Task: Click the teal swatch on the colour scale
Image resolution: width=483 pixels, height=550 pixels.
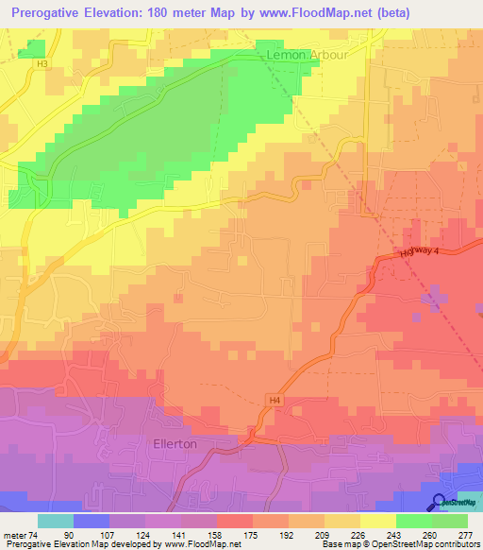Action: [56, 520]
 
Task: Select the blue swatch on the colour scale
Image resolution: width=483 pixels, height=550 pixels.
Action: [92, 520]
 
